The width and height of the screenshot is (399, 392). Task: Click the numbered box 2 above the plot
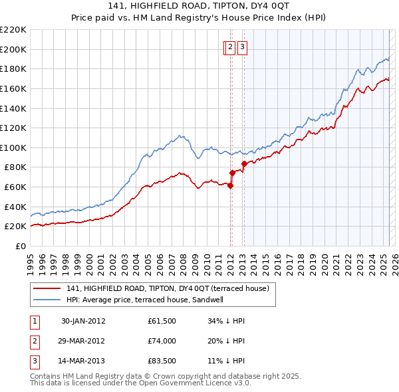tap(230, 47)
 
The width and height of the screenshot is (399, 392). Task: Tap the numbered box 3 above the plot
tap(242, 47)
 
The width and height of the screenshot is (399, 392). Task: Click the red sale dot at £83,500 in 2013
tap(244, 163)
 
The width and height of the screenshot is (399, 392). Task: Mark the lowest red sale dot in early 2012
tap(230, 185)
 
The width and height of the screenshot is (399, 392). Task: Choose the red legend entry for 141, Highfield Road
tap(167, 288)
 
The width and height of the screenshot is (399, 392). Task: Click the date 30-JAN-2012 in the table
tap(83, 321)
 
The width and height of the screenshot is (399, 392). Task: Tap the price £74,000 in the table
tap(162, 342)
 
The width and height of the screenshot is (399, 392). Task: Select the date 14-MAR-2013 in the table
tap(83, 362)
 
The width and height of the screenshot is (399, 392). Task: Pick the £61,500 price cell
tap(162, 321)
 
